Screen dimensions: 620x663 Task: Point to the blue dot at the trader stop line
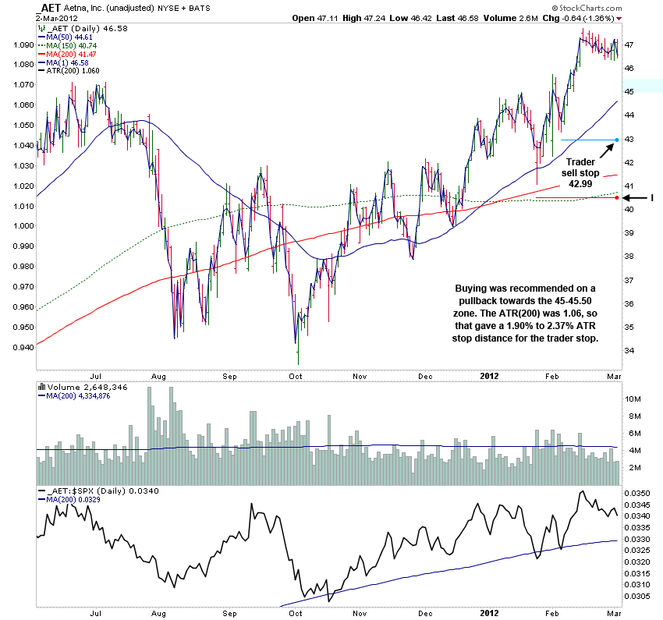[617, 140]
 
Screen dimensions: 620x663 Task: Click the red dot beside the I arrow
[617, 197]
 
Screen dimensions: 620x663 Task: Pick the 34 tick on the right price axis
[628, 350]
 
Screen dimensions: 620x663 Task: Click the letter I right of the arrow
[652, 198]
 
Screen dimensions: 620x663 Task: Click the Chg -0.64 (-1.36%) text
[581, 17]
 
